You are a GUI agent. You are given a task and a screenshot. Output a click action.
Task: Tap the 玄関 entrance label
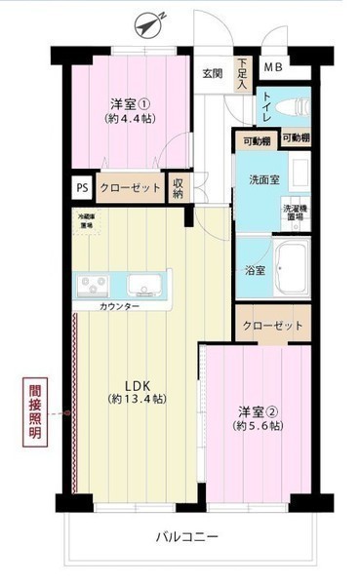click(x=213, y=72)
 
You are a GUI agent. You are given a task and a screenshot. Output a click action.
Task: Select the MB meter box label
click(x=273, y=67)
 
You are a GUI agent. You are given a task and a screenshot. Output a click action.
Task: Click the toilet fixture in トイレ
click(x=290, y=106)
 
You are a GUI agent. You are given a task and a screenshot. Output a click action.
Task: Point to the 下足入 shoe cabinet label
click(x=242, y=74)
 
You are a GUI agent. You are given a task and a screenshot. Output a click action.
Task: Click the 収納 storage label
click(x=179, y=187)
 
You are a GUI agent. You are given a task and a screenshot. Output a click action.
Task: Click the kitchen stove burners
click(x=95, y=286)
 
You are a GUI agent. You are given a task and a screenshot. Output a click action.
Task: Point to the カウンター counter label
click(x=120, y=307)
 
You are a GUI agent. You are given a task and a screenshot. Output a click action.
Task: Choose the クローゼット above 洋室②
click(x=272, y=326)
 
